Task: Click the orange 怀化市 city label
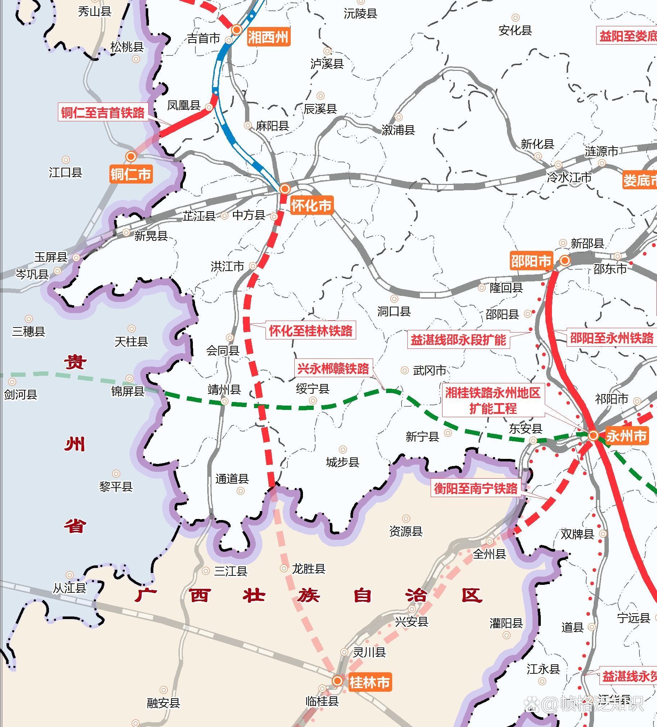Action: pyautogui.click(x=311, y=206)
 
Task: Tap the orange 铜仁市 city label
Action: pyautogui.click(x=131, y=174)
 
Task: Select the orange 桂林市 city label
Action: pyautogui.click(x=369, y=682)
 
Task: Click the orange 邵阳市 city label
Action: pyautogui.click(x=531, y=260)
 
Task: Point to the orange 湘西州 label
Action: pyautogui.click(x=268, y=37)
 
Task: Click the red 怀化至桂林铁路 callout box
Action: pyautogui.click(x=311, y=330)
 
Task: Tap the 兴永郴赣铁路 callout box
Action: pyautogui.click(x=333, y=369)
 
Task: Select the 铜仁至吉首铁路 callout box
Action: pyautogui.click(x=103, y=112)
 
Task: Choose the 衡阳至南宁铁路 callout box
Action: pyautogui.click(x=476, y=488)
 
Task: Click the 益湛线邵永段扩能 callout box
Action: pyautogui.click(x=458, y=339)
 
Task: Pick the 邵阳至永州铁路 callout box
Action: pyautogui.click(x=612, y=338)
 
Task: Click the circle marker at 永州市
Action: pyautogui.click(x=593, y=435)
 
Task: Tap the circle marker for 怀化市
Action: pyautogui.click(x=285, y=189)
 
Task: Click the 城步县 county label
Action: pyautogui.click(x=343, y=462)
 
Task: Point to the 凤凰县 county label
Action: pyautogui.click(x=183, y=105)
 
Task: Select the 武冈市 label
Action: pyautogui.click(x=430, y=370)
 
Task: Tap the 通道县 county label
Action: pyautogui.click(x=232, y=479)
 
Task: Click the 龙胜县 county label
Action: pyautogui.click(x=309, y=569)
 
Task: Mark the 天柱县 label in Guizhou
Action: pyautogui.click(x=131, y=341)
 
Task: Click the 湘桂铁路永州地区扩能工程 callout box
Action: pyautogui.click(x=493, y=400)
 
